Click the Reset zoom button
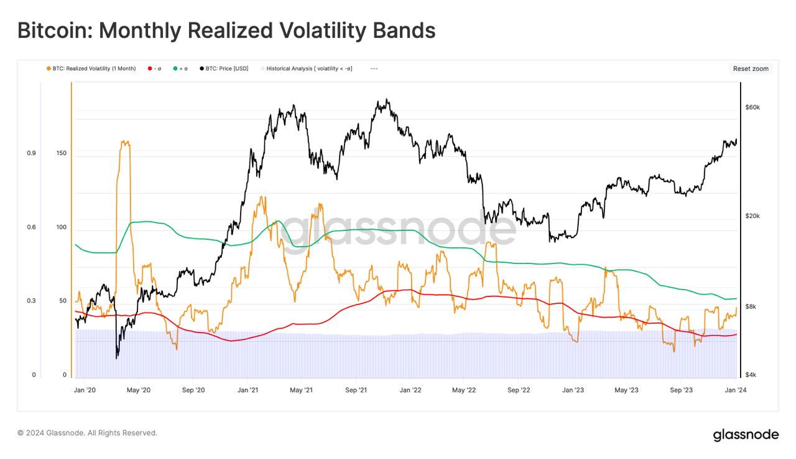(x=751, y=69)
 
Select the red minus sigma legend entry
(x=154, y=69)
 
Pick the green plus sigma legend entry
(x=180, y=69)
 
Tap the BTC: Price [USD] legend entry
(x=224, y=69)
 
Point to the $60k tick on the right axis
(x=752, y=107)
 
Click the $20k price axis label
(x=752, y=215)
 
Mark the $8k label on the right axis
(x=751, y=306)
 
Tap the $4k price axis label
(x=751, y=374)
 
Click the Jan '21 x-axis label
(x=248, y=390)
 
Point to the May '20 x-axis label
(x=138, y=390)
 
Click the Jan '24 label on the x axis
(x=736, y=390)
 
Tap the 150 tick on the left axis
(x=61, y=153)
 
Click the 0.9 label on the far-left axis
(x=31, y=153)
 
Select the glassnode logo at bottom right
(x=746, y=435)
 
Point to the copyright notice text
(x=87, y=433)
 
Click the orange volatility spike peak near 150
(x=125, y=142)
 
